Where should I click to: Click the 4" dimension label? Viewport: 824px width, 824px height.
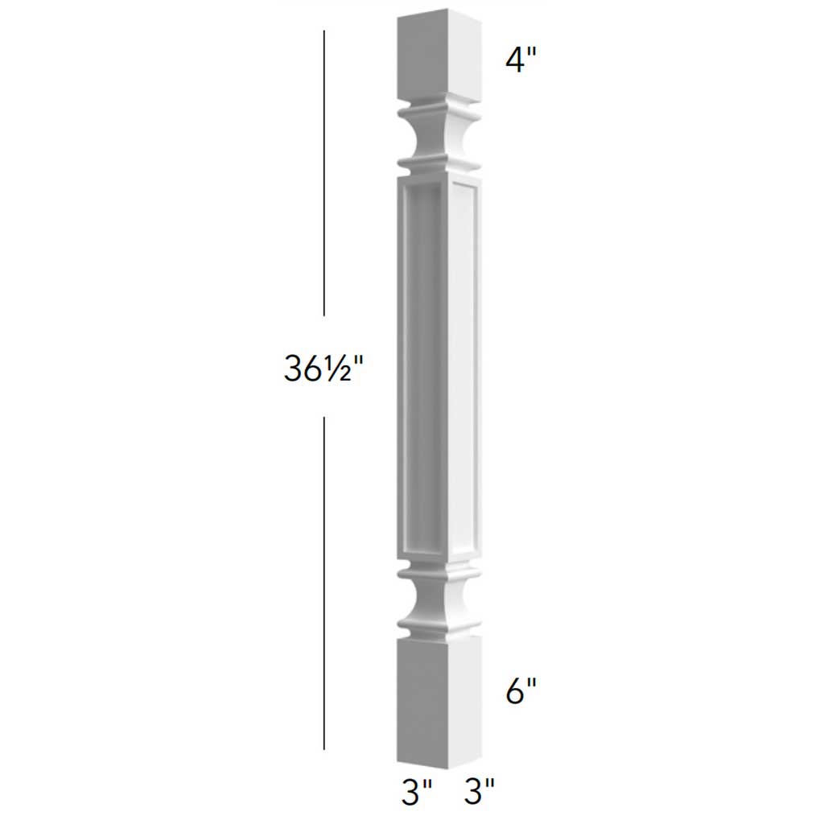click(x=521, y=61)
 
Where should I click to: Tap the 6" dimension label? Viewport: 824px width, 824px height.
click(x=521, y=691)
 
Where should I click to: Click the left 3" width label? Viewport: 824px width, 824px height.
click(x=417, y=792)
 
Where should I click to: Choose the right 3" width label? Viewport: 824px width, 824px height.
click(x=479, y=792)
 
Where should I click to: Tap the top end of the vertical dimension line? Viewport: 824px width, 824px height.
click(x=324, y=32)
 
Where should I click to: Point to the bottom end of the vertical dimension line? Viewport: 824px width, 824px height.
click(x=324, y=748)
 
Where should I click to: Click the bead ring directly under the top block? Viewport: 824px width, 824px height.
click(x=440, y=108)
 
